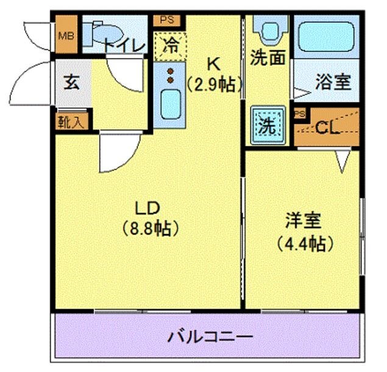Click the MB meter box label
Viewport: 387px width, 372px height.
[65, 34]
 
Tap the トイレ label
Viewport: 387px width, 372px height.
[124, 46]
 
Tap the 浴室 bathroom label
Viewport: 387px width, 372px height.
[333, 82]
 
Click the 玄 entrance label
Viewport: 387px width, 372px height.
[72, 83]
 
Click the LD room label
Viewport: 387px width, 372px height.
[147, 207]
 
